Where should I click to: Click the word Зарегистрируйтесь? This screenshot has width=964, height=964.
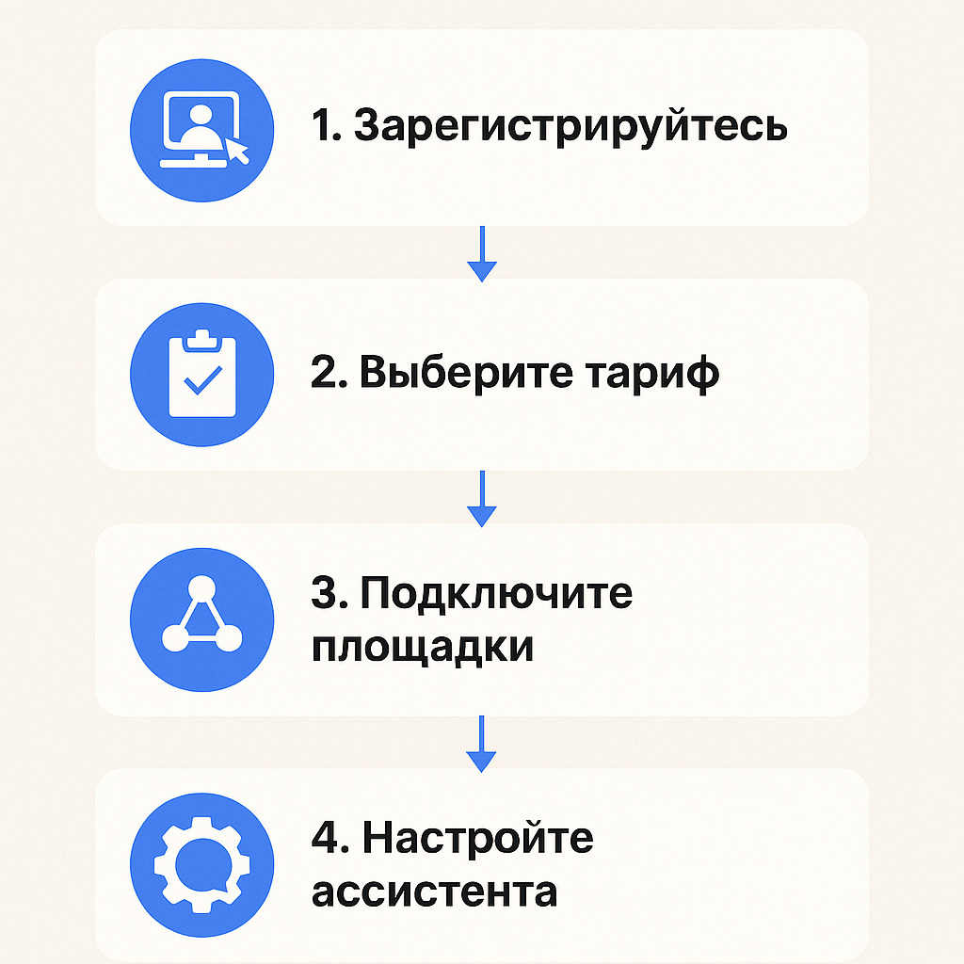point(570,127)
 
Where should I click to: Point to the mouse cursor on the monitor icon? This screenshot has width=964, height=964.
point(236,150)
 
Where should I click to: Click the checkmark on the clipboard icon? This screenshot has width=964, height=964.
point(201,381)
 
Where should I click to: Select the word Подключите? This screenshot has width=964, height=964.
point(497,594)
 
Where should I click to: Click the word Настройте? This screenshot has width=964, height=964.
point(478,837)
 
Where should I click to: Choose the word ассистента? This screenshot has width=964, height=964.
point(434,891)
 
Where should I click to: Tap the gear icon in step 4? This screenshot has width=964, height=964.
point(201,863)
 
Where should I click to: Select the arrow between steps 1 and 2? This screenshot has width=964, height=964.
point(482,254)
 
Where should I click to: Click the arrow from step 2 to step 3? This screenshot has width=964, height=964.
point(482,499)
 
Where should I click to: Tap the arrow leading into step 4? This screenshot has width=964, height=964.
point(482,745)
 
